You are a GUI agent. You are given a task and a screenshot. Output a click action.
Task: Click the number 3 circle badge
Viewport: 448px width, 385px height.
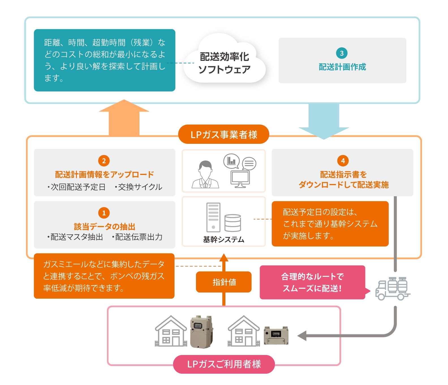tap(342, 53)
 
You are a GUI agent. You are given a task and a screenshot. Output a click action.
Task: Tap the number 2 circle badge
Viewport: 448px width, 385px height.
tap(104, 161)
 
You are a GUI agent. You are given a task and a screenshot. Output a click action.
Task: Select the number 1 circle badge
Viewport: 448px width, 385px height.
tap(104, 213)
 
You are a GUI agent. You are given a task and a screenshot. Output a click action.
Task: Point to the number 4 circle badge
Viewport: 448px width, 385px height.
tap(343, 161)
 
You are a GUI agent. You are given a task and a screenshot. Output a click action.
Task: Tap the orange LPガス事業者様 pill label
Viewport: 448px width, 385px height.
tap(223, 134)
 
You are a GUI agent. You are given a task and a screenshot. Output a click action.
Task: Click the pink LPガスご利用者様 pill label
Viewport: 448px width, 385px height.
tap(224, 364)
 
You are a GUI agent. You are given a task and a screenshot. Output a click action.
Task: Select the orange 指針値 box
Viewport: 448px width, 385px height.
tap(224, 282)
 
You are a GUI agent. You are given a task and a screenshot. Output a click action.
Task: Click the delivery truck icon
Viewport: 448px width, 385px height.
tap(393, 289)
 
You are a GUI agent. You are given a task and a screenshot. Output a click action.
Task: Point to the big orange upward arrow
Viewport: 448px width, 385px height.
tap(124, 117)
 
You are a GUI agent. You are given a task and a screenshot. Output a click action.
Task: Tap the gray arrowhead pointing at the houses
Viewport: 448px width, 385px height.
tap(302, 336)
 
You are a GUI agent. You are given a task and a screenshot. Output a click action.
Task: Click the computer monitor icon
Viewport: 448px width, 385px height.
tap(240, 179)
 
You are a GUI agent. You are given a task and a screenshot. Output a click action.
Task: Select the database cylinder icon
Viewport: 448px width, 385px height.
tap(233, 223)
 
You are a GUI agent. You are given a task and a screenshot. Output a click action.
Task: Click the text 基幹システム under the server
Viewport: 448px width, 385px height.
tap(223, 239)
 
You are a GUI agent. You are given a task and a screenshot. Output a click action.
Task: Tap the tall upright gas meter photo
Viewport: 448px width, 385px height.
tap(201, 332)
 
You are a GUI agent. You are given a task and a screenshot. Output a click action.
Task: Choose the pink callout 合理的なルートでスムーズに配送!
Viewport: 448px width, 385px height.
tap(313, 282)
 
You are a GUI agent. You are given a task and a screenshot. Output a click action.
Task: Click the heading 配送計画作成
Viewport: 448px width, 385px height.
tap(342, 67)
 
